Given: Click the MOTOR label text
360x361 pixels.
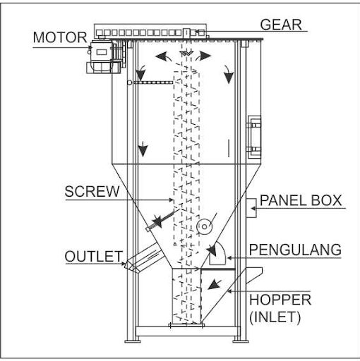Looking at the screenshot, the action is click(x=60, y=37).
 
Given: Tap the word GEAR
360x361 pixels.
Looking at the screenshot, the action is click(x=281, y=25).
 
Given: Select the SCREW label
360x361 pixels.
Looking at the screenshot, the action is click(x=92, y=191).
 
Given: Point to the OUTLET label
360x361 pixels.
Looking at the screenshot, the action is click(x=94, y=256).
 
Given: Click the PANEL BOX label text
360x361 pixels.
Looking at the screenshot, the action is click(x=301, y=200).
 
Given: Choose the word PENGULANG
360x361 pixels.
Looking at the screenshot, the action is click(x=295, y=250).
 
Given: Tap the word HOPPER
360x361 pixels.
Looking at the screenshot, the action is click(x=280, y=300).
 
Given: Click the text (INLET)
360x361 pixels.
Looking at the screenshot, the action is click(x=275, y=317).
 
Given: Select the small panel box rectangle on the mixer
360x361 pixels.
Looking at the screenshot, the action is click(x=251, y=208).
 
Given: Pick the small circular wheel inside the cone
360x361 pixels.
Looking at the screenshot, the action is click(x=204, y=226).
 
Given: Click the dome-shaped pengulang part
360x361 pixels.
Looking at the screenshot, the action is click(x=217, y=253).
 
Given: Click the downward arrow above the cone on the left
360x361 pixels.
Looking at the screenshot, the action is click(x=143, y=149).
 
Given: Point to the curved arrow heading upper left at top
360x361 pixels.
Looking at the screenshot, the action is click(x=163, y=56).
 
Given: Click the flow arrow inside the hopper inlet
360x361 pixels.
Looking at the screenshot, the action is click(x=215, y=284).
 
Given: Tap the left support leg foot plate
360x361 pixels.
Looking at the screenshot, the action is click(x=132, y=341).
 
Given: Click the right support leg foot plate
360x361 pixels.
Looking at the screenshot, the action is click(x=241, y=341).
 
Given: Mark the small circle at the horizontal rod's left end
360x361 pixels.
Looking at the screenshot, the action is click(x=129, y=82).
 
